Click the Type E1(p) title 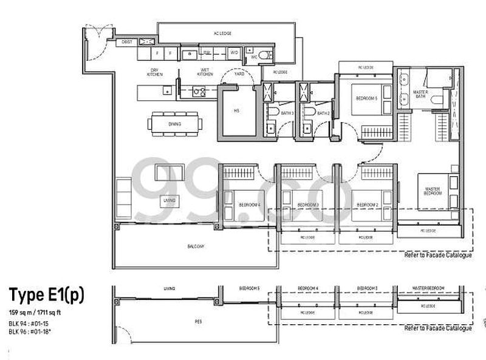(46, 295)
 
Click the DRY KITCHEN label (154, 73)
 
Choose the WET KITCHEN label (206, 73)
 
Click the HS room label (236, 111)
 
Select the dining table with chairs (175, 124)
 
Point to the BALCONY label (196, 246)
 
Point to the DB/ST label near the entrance (127, 42)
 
